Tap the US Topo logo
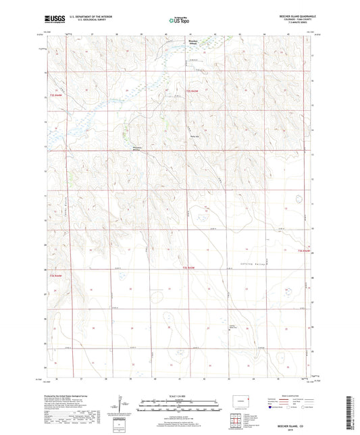178,21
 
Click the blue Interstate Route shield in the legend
272,407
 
